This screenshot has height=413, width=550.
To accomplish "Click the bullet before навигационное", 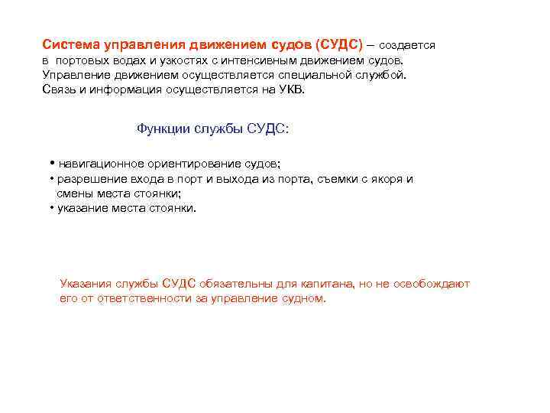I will [50, 164].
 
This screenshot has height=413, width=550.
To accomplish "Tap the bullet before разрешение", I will [50, 179].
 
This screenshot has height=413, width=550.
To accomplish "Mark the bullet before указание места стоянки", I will [50, 208].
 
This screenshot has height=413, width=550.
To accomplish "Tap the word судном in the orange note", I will [302, 298].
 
